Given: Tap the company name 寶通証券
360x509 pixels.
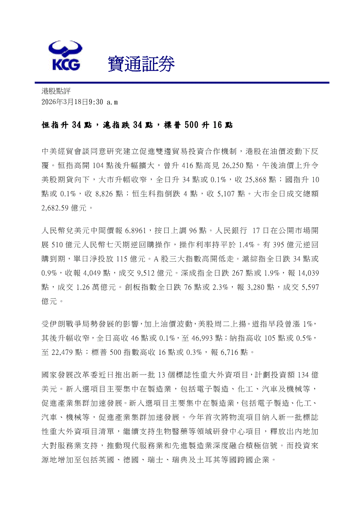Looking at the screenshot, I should pyautogui.click(x=141, y=64).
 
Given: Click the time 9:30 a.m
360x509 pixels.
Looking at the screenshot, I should pyautogui.click(x=103, y=102).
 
